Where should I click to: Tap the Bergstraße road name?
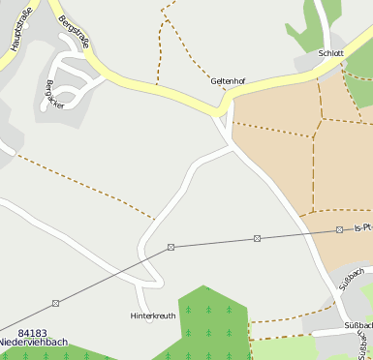point(76,35)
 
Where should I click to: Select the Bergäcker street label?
point(54,94)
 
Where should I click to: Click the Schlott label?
point(330,53)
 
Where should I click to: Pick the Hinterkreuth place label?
point(152,315)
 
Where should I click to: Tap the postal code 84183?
point(32,333)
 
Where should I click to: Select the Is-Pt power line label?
point(362,228)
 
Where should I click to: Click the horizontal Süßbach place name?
point(358,325)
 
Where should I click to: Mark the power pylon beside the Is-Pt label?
point(339,229)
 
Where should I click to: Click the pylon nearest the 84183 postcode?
point(55,303)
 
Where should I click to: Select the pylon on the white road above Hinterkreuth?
point(171,248)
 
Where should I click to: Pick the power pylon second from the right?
point(257,238)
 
